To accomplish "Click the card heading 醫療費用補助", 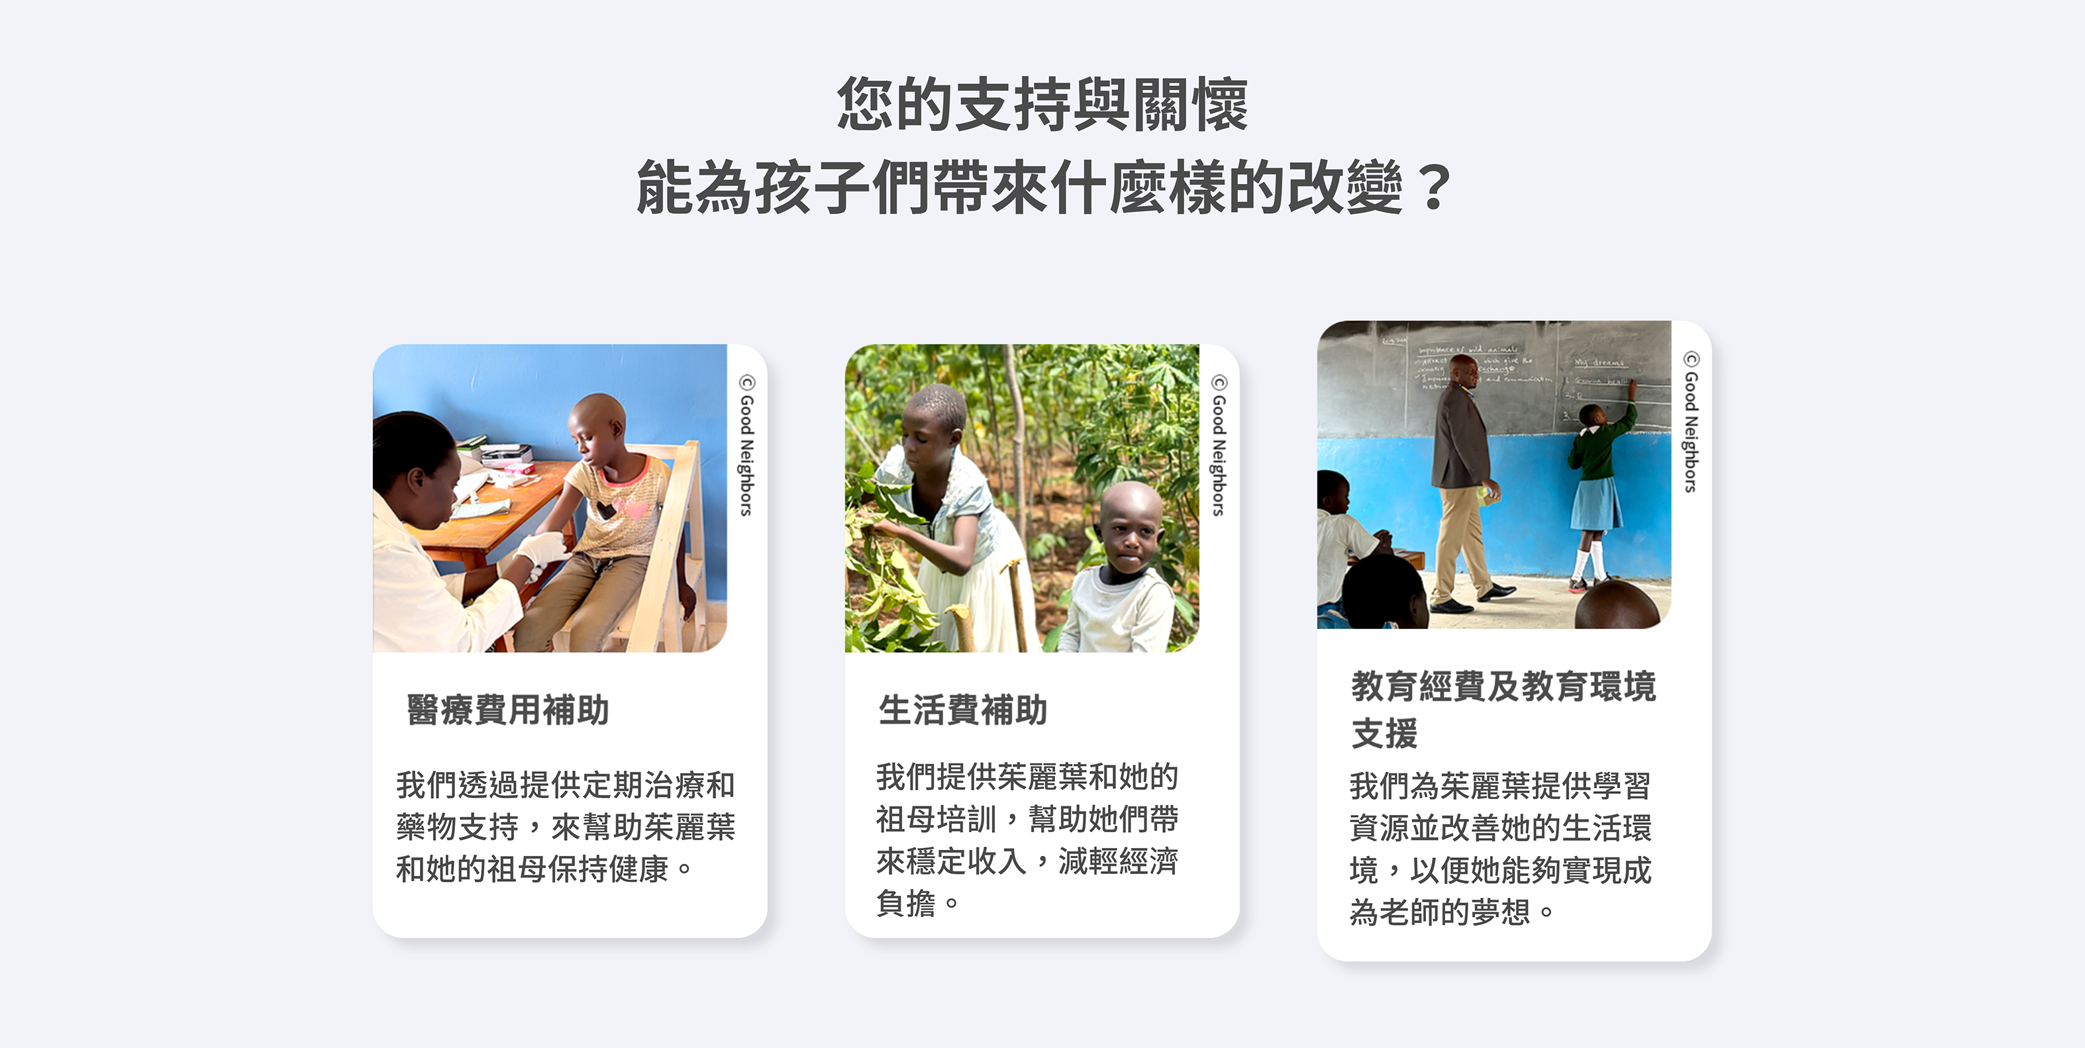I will (507, 710).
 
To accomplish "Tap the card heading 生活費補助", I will (962, 710).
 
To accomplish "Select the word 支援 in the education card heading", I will (1384, 733).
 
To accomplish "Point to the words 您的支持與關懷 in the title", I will (1042, 105).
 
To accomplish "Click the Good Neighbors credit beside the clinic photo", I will (746, 445).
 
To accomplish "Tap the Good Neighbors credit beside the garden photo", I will (1218, 445).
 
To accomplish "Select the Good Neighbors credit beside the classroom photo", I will (1691, 422).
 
